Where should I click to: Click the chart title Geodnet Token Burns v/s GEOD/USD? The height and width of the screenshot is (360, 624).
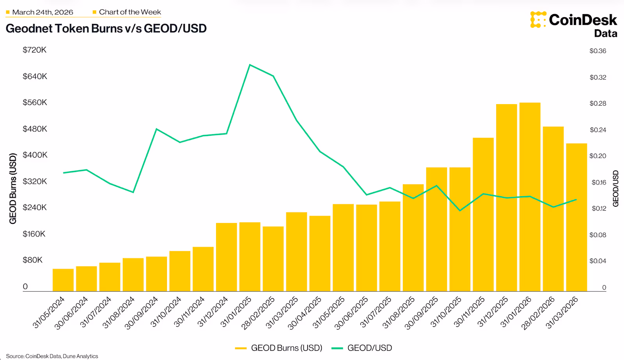(x=106, y=28)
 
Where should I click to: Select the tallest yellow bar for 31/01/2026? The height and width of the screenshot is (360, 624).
(x=530, y=197)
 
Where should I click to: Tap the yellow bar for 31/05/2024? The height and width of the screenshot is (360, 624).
(x=63, y=280)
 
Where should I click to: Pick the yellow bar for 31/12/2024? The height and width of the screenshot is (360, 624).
(x=227, y=257)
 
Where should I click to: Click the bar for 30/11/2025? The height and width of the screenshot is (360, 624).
(x=483, y=215)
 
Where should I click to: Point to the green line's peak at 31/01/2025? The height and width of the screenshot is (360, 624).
(x=250, y=65)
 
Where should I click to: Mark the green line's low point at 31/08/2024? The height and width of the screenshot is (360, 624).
(x=133, y=192)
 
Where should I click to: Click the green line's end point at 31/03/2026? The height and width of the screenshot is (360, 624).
(x=576, y=200)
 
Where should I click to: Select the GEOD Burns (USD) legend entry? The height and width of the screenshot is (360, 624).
(x=279, y=348)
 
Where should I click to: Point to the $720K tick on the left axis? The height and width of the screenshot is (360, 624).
(x=35, y=50)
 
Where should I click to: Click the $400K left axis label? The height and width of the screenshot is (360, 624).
(x=35, y=155)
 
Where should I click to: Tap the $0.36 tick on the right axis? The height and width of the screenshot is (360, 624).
(x=598, y=51)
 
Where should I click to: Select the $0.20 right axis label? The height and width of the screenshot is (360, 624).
(x=598, y=156)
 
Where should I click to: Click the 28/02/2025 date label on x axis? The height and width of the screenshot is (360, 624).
(x=258, y=313)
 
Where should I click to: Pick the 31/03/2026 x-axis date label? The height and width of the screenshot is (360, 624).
(x=562, y=313)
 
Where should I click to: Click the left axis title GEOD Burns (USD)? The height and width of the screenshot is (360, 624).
(x=13, y=188)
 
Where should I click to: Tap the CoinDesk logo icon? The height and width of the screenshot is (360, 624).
(x=538, y=20)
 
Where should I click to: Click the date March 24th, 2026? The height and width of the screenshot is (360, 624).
(x=43, y=12)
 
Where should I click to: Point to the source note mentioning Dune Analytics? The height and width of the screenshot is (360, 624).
(x=52, y=356)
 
